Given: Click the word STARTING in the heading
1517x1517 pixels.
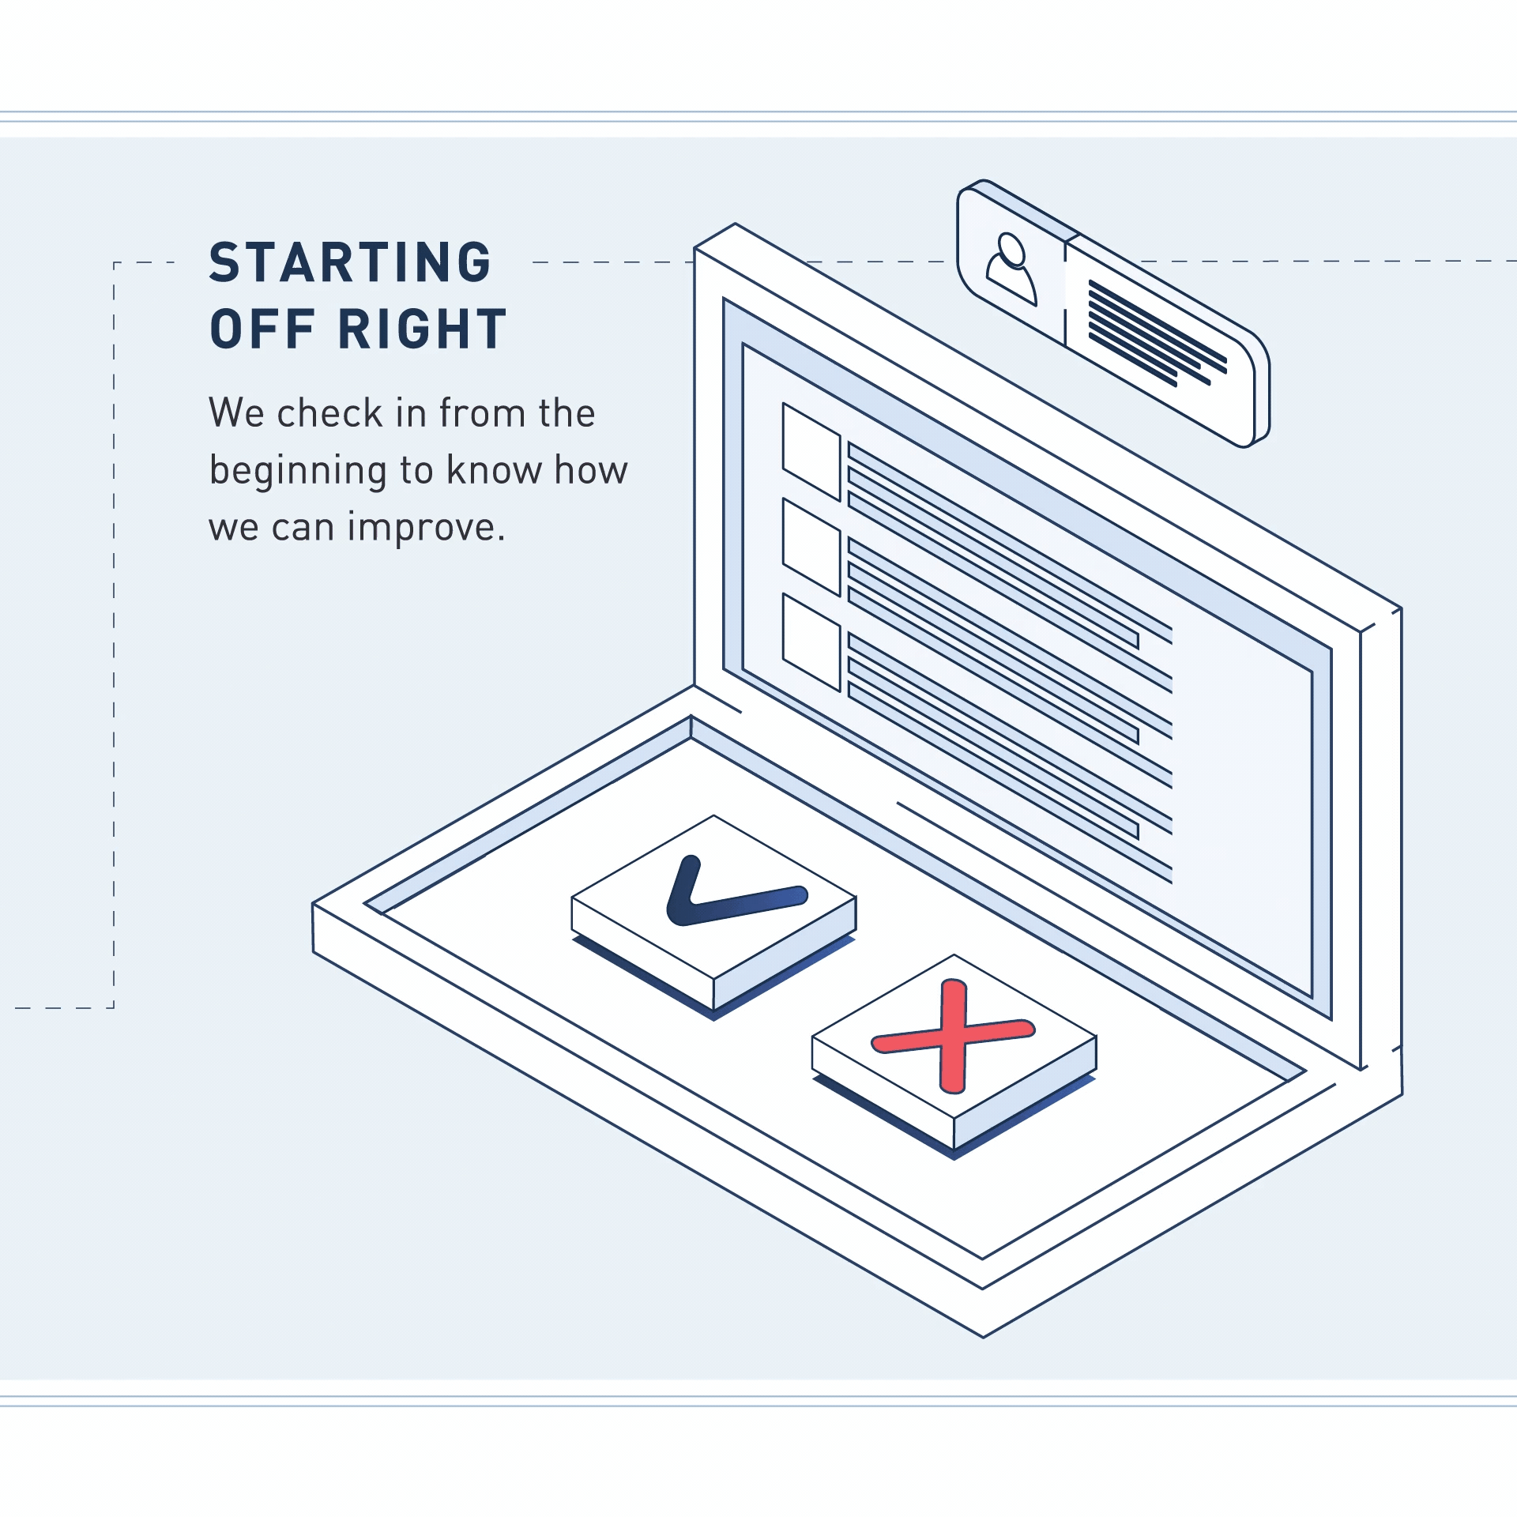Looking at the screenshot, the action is pyautogui.click(x=350, y=262).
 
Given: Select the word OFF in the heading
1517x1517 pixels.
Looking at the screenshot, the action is pyautogui.click(x=262, y=329).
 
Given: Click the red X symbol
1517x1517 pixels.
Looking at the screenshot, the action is pyautogui.click(x=953, y=1036).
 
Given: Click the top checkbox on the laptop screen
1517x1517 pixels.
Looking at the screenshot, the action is pyautogui.click(x=811, y=451).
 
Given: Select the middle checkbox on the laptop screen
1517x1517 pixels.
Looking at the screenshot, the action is pyautogui.click(x=811, y=547).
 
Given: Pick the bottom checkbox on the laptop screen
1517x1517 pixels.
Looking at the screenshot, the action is pyautogui.click(x=811, y=642).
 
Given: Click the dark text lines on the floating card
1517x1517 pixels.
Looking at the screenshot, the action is pyautogui.click(x=1158, y=333).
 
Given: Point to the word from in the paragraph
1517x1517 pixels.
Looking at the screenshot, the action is pyautogui.click(x=482, y=413).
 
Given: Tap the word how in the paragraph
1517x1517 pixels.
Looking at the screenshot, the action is pyautogui.click(x=591, y=470).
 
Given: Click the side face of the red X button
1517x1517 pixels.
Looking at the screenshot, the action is pyautogui.click(x=1024, y=1093).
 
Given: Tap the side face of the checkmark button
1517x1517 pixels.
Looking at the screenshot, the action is pyautogui.click(x=784, y=954).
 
